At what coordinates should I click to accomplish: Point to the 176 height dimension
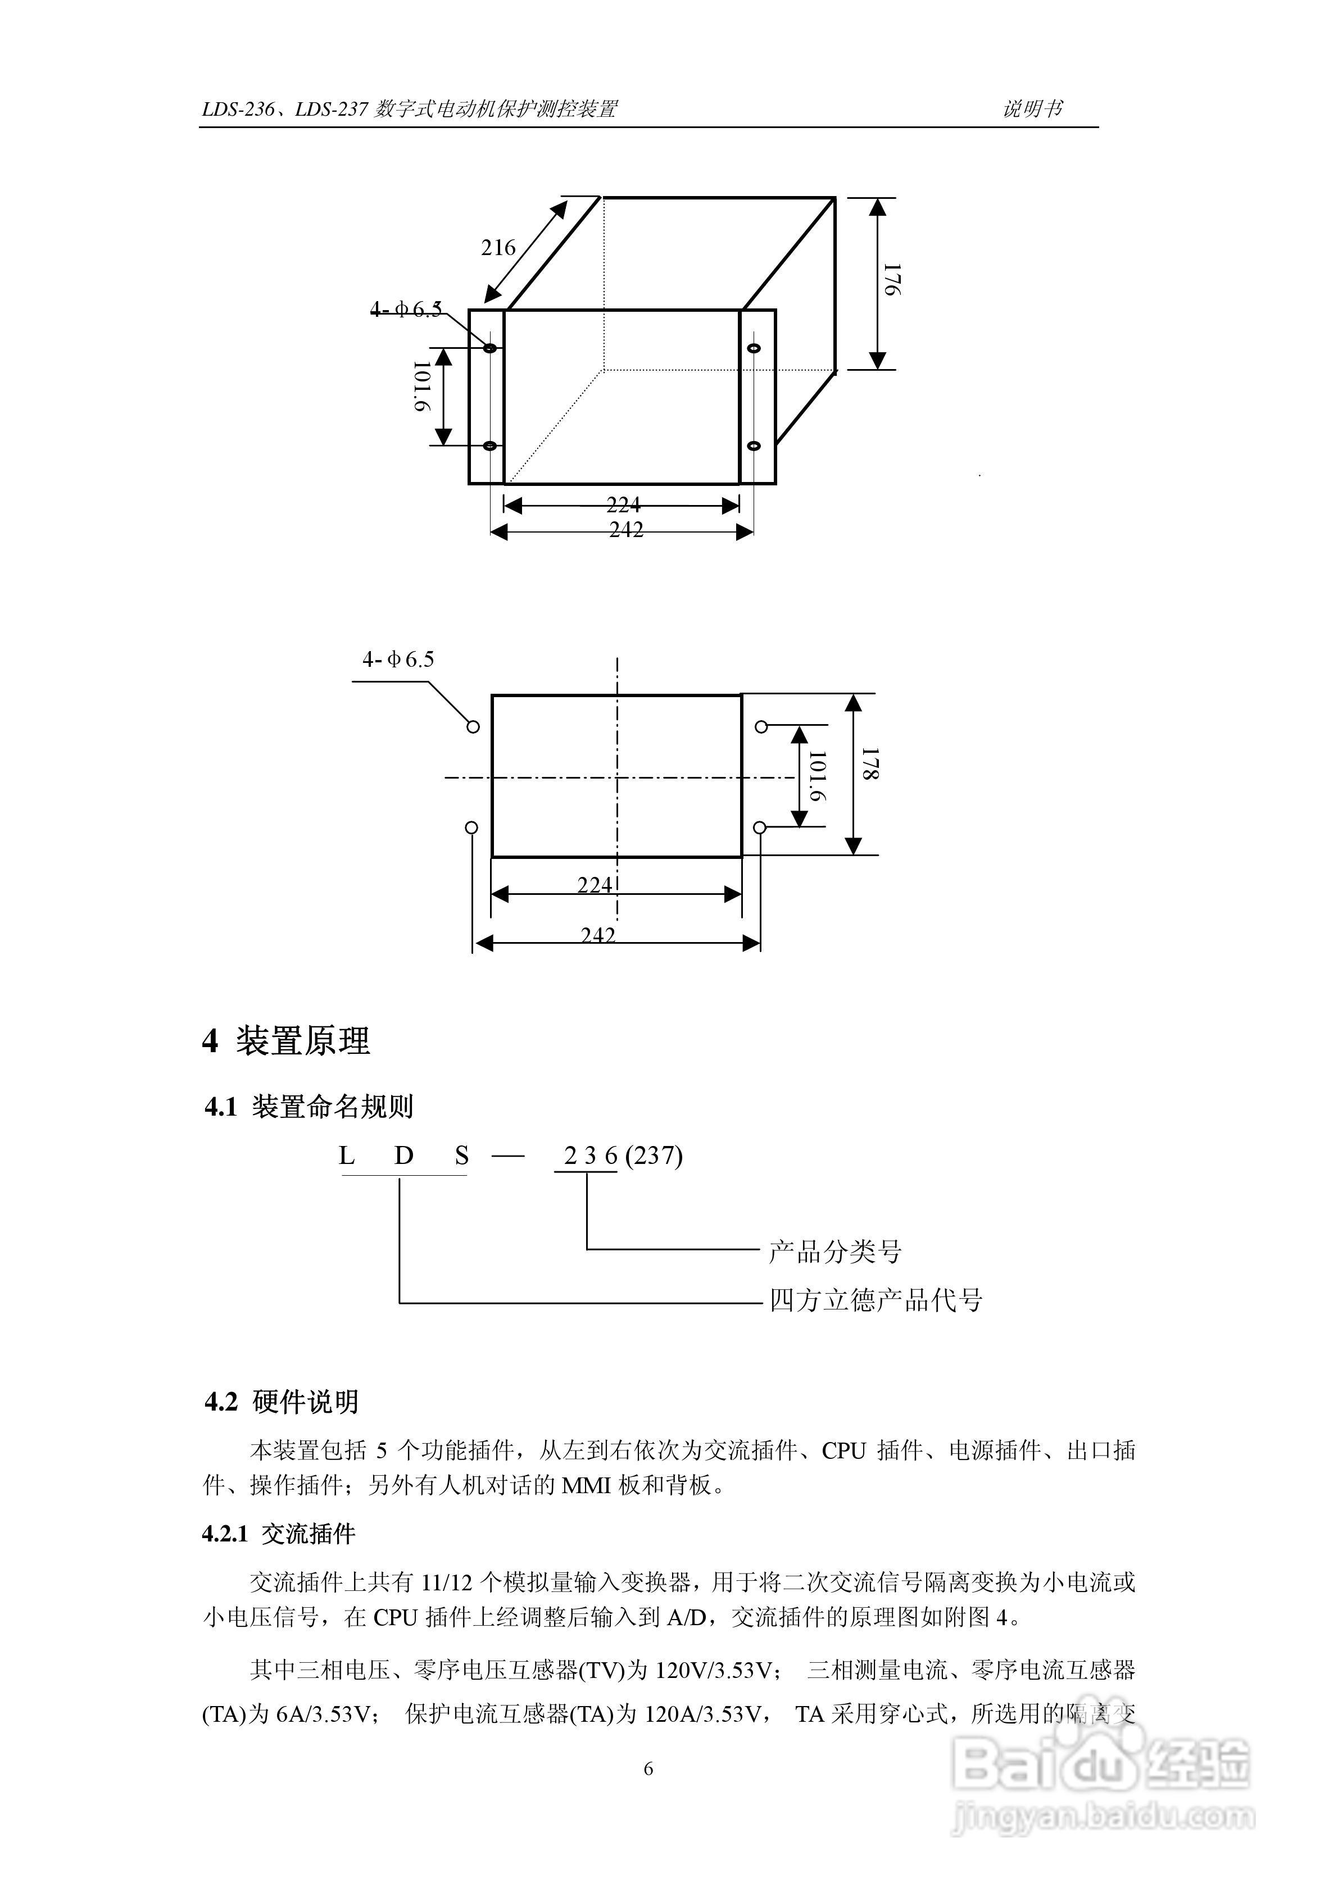[x=892, y=280]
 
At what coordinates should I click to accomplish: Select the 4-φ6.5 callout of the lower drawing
[x=398, y=660]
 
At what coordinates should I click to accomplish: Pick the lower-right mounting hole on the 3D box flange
[x=752, y=446]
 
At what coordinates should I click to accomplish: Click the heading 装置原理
[x=302, y=1041]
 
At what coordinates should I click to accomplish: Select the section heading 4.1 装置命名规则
[x=309, y=1107]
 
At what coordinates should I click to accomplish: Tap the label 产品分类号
[x=835, y=1251]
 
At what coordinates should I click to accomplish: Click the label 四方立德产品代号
[x=876, y=1300]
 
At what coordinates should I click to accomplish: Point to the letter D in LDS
[x=403, y=1156]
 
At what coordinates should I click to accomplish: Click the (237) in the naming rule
[x=654, y=1156]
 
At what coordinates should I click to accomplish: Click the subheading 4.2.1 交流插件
[x=279, y=1534]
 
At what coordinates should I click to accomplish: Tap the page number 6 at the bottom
[x=648, y=1768]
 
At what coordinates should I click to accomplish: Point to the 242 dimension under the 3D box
[x=625, y=530]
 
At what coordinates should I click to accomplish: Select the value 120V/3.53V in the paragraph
[x=714, y=1670]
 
